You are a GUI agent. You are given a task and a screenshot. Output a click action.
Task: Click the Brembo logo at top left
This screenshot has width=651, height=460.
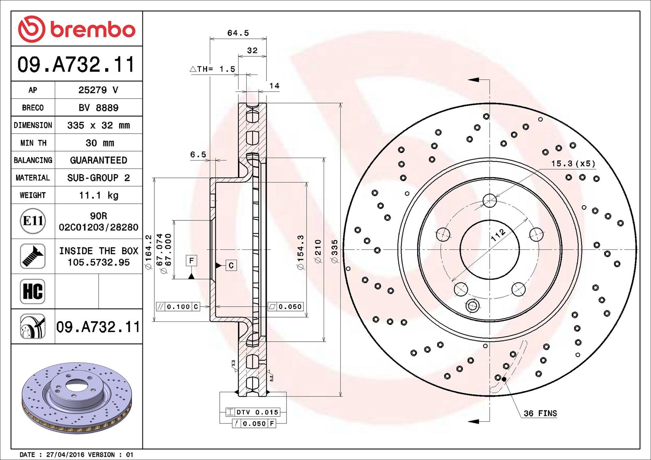coord(76,29)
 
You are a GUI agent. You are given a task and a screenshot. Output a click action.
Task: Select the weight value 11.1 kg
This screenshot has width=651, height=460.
coord(99,195)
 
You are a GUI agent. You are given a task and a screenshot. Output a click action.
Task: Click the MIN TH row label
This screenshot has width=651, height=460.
coord(33,143)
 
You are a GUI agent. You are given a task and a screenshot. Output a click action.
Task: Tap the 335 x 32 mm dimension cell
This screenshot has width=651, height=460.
coord(99,125)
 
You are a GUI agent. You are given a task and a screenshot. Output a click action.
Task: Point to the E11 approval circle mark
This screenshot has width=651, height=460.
coord(33,221)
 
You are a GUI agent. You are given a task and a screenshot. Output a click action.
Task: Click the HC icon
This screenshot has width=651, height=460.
coord(33,291)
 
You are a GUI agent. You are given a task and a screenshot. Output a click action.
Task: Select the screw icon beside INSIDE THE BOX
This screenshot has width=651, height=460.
coord(33,256)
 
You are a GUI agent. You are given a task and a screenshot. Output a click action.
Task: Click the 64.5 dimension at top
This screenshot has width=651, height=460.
coord(238,33)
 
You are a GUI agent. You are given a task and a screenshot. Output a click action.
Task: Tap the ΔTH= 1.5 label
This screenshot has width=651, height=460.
coord(213,69)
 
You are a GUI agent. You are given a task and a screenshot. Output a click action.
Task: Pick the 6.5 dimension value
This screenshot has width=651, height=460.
coord(198,155)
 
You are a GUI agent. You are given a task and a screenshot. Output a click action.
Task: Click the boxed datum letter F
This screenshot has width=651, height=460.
coord(192,260)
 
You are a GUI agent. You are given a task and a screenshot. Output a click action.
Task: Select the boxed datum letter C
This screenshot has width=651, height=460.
coord(231,265)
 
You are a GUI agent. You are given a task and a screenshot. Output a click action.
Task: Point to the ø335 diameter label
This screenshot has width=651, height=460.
coord(335,252)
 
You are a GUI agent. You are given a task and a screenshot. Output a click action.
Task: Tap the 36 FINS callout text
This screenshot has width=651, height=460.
coord(540,413)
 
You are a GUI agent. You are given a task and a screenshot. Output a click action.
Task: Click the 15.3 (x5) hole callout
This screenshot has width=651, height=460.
coord(573,164)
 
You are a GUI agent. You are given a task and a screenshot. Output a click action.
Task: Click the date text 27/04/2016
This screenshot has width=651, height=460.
coord(65,455)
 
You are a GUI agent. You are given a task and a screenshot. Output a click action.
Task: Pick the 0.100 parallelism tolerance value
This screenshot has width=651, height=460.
coord(178,306)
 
